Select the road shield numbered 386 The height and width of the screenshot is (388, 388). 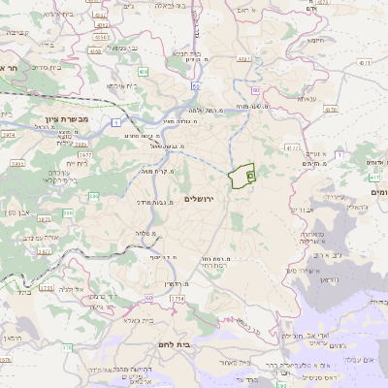[94, 196]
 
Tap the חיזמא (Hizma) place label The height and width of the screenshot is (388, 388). [315, 40]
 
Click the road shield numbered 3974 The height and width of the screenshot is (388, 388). [8, 136]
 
